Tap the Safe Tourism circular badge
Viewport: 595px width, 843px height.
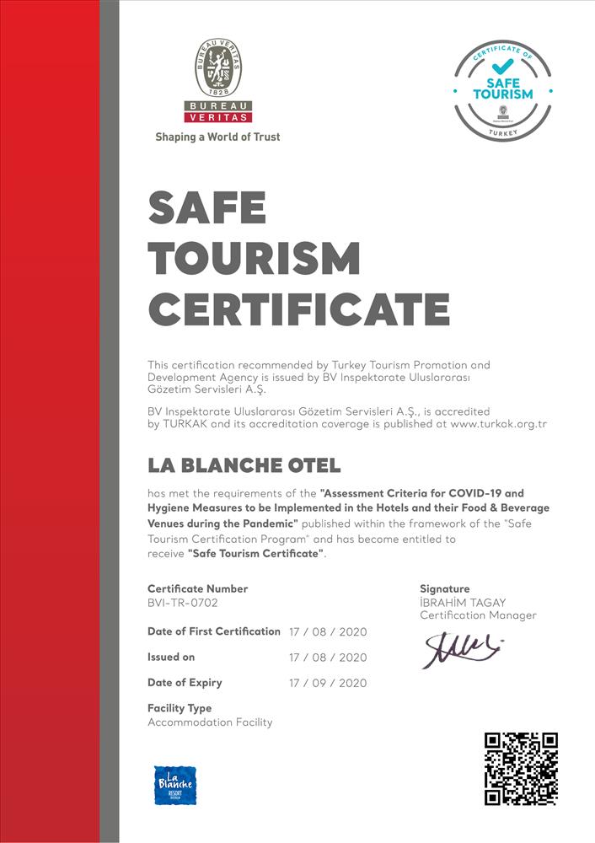[502, 90]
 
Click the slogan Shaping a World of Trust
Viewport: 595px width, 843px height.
[217, 137]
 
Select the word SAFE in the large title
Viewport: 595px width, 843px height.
[207, 207]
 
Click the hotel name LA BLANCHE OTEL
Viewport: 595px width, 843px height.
[244, 464]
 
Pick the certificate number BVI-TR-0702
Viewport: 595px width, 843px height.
[188, 603]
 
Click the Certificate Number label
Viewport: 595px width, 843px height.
[197, 588]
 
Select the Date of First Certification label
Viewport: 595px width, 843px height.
[213, 631]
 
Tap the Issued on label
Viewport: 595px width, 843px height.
[171, 657]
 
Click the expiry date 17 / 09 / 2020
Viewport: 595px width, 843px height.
[328, 683]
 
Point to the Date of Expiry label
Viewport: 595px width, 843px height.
[185, 682]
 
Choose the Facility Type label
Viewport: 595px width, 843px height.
[180, 708]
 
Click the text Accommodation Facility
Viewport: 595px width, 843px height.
[210, 722]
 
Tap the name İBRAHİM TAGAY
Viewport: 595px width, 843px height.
[462, 603]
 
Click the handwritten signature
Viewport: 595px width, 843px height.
[462, 647]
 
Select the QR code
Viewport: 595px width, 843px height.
[520, 768]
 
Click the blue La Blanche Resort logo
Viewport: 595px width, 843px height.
[174, 786]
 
